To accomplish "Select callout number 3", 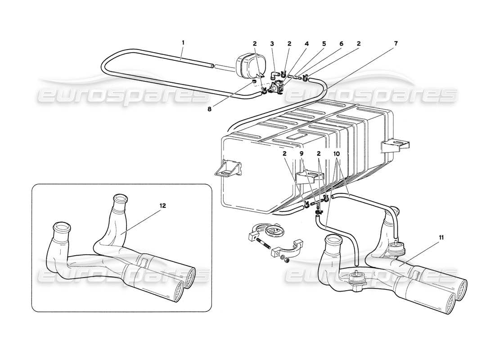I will click(x=272, y=44).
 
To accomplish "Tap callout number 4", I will click(x=306, y=44).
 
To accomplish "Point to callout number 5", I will click(x=324, y=44).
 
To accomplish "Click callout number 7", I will click(x=396, y=44).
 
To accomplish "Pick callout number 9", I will click(x=302, y=153).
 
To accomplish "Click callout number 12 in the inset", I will click(x=162, y=206).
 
